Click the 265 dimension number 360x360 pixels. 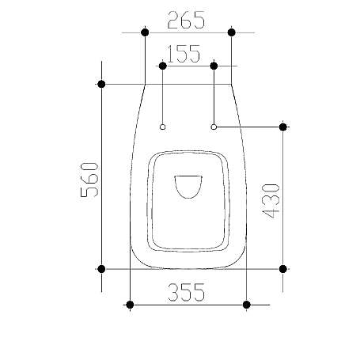point(187,20)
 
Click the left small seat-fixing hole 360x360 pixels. point(162,127)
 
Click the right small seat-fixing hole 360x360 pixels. point(214,126)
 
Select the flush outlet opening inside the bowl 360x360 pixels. point(188,186)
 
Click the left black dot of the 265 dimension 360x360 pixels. point(144,32)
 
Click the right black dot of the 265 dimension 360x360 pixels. point(231,32)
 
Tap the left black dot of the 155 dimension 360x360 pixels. point(162,66)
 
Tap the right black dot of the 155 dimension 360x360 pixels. point(214,66)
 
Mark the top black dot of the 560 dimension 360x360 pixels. point(101,84)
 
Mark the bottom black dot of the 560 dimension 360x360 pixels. point(101,269)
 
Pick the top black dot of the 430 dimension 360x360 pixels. point(283,127)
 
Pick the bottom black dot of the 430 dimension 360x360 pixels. point(283,269)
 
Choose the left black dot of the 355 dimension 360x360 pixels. point(129,304)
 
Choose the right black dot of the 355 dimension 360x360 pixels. point(247,304)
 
